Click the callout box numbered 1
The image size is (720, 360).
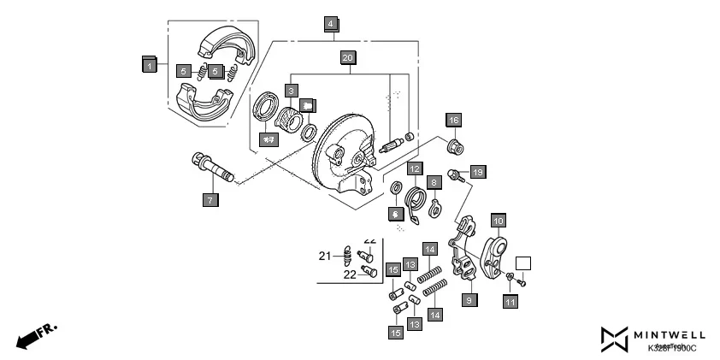pyautogui.click(x=149, y=64)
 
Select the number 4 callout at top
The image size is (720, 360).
pyautogui.click(x=331, y=24)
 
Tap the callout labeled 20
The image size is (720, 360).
pyautogui.click(x=346, y=58)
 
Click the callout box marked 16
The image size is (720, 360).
pyautogui.click(x=453, y=120)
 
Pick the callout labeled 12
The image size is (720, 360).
pyautogui.click(x=414, y=168)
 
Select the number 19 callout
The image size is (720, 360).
pyautogui.click(x=477, y=173)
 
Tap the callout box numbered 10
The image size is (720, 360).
pyautogui.click(x=498, y=219)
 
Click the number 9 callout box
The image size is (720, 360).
pyautogui.click(x=469, y=300)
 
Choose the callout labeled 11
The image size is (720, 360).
pyautogui.click(x=510, y=301)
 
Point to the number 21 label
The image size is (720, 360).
pyautogui.click(x=325, y=256)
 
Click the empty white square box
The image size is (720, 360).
pyautogui.click(x=523, y=264)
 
